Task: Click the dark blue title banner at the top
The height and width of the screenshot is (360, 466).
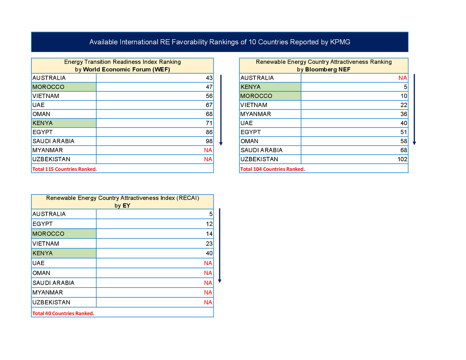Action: [x=220, y=42]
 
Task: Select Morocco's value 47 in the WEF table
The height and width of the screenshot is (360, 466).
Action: [x=209, y=87]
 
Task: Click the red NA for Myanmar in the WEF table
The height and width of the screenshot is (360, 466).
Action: [x=208, y=150]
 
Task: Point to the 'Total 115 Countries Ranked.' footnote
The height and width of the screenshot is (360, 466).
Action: [x=64, y=169]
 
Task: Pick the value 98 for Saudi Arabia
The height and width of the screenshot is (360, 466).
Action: [x=209, y=141]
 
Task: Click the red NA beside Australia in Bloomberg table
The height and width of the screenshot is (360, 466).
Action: [x=403, y=78]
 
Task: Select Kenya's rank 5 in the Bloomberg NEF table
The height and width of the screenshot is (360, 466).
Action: [x=405, y=87]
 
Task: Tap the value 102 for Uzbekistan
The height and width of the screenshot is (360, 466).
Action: [x=402, y=159]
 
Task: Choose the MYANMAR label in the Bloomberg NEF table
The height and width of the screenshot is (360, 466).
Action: [x=256, y=114]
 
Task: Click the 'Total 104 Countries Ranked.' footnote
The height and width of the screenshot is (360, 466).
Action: [x=273, y=169]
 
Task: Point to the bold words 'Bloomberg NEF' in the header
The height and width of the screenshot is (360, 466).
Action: [x=328, y=70]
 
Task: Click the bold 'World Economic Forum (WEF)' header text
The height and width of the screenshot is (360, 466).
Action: [x=126, y=70]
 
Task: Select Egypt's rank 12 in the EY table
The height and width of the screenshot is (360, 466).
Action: [x=209, y=224]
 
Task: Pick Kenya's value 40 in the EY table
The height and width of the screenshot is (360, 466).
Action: [x=209, y=253]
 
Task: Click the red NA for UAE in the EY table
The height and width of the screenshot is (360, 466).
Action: [x=208, y=263]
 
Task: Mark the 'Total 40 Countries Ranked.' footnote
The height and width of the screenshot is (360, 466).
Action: [x=63, y=313]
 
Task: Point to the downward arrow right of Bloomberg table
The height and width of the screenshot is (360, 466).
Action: [x=414, y=109]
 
